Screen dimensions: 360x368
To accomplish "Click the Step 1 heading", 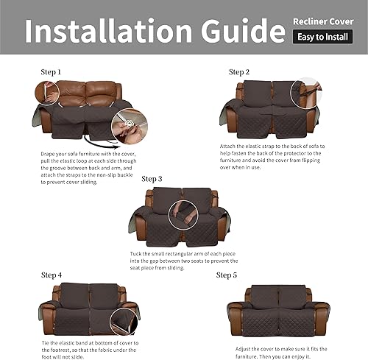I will pyautogui.click(x=52, y=72).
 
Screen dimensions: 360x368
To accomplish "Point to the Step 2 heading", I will pyautogui.click(x=240, y=72).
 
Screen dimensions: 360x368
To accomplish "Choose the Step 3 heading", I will pyautogui.click(x=152, y=179).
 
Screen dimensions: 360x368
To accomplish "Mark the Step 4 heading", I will pyautogui.click(x=52, y=275).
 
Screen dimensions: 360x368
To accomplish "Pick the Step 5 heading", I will pyautogui.click(x=227, y=275).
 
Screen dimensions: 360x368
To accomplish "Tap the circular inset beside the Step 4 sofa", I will pyautogui.click(x=124, y=321).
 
